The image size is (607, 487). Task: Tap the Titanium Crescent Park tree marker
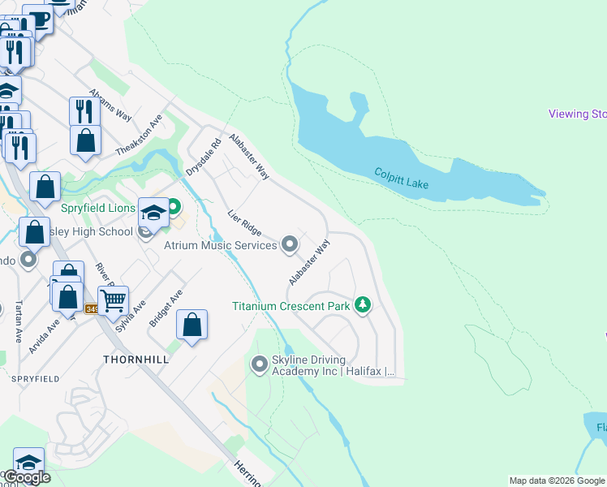[363, 306]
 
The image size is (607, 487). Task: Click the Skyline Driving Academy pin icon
[260, 364]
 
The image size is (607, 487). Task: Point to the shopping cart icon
[114, 301]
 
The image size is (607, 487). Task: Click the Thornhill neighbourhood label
[135, 358]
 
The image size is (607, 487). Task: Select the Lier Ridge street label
[244, 223]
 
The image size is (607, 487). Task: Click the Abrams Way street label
[110, 103]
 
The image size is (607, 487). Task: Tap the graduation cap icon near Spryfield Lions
[153, 213]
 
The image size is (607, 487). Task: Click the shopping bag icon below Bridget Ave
[192, 326]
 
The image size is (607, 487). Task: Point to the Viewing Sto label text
[577, 114]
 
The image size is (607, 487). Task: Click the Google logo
[27, 477]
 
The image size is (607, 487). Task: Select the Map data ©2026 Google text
[557, 481]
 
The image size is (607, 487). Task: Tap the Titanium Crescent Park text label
[291, 306]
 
